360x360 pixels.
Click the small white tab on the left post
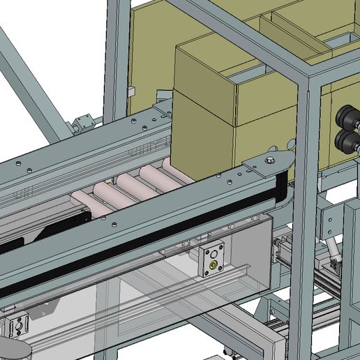pyautogui.click(x=130, y=91)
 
